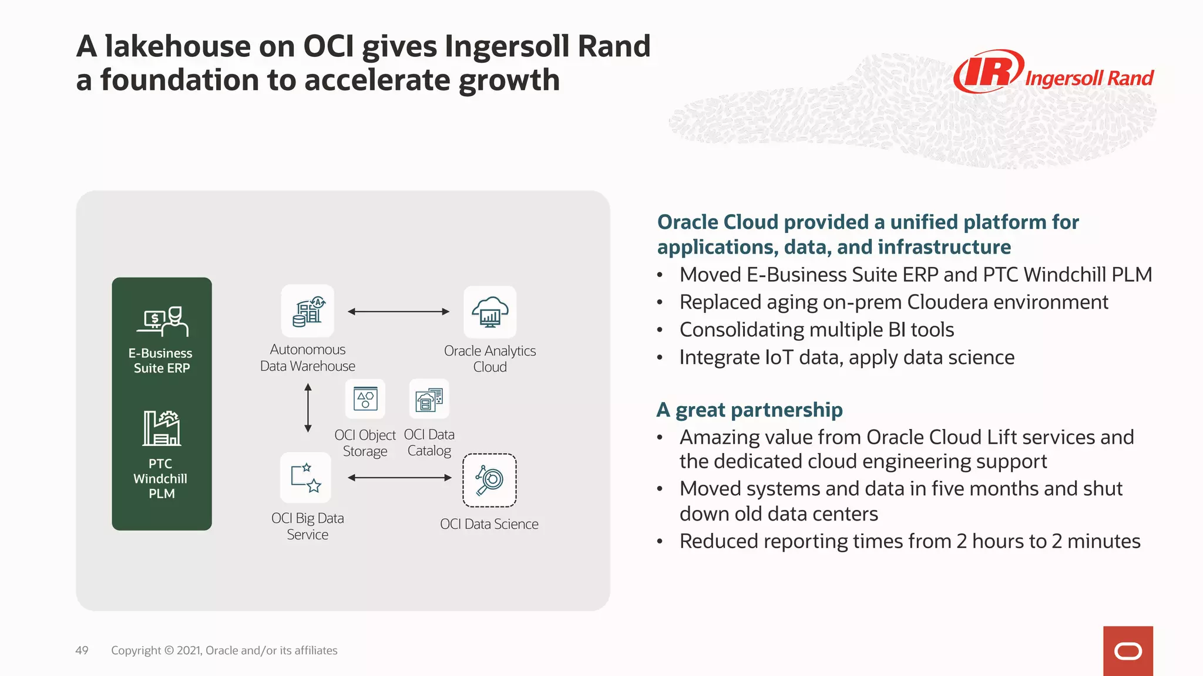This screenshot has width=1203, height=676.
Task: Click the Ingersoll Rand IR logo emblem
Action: tap(989, 72)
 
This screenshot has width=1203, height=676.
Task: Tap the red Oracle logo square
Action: tap(1128, 651)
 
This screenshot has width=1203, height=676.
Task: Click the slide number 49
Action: tap(82, 650)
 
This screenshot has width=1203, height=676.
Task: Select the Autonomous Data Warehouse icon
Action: tap(308, 311)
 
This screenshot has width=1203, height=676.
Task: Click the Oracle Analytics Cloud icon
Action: tap(490, 312)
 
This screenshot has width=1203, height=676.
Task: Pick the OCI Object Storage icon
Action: tap(365, 399)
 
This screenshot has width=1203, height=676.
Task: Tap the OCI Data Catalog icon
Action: tap(429, 399)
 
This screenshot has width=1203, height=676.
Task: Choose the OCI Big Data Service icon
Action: tap(306, 477)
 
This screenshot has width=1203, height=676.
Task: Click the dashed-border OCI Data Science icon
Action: tap(489, 480)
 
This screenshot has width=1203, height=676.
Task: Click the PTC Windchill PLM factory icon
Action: tap(162, 428)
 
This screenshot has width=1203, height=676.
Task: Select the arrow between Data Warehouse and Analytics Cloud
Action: tap(398, 312)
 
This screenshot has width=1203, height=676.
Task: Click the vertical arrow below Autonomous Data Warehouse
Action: tap(308, 408)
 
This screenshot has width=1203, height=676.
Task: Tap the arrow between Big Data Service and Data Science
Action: tap(399, 478)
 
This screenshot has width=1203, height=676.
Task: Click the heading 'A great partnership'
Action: tap(750, 410)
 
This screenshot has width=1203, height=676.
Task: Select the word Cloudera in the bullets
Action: tap(947, 302)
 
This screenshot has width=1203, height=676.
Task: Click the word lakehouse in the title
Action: tap(178, 46)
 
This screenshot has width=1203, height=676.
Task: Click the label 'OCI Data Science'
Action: tap(489, 524)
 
